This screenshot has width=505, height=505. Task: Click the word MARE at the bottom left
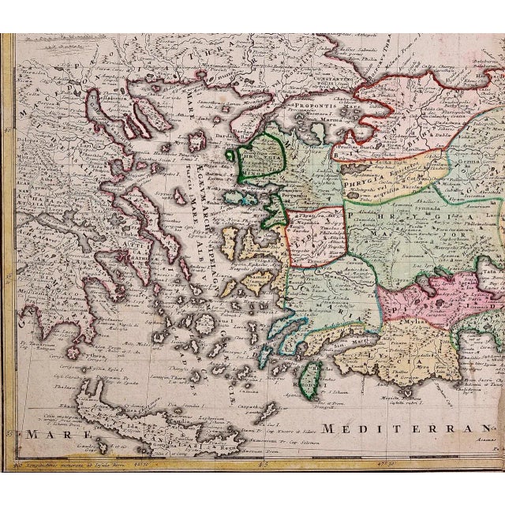43,434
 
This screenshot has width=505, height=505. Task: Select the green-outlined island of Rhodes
312,378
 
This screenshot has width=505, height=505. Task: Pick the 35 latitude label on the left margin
9,432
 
